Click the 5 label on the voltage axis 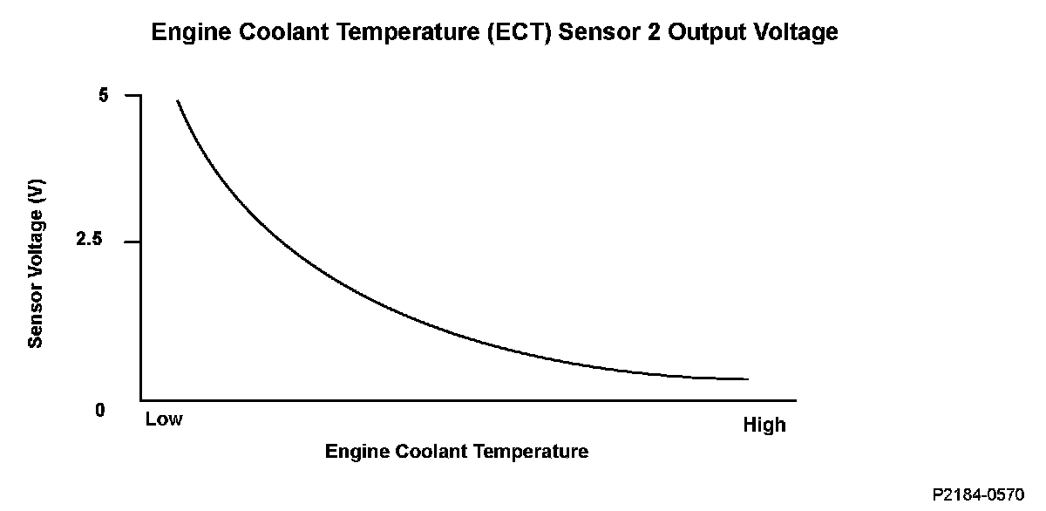pos(104,95)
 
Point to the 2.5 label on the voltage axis pos(89,241)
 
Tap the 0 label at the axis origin pos(100,410)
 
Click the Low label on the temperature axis pos(164,419)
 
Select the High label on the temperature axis pos(764,426)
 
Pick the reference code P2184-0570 pos(978,494)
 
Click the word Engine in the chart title pos(191,33)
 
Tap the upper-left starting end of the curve pos(178,101)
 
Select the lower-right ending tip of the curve pos(747,378)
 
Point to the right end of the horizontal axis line pos(795,401)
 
